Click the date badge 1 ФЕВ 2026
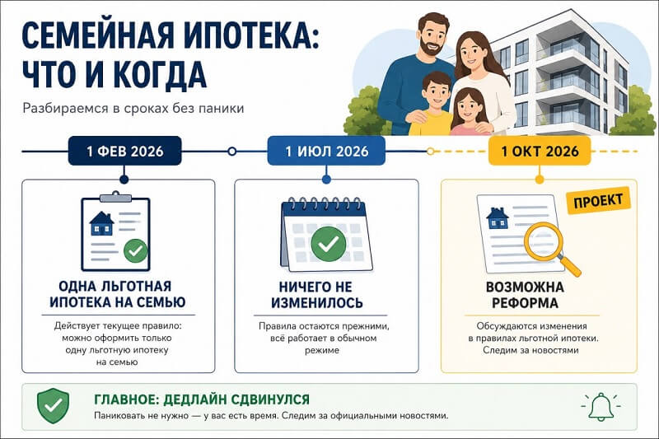click(x=125, y=151)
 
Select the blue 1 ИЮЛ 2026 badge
click(x=326, y=151)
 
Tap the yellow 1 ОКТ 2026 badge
click(x=540, y=151)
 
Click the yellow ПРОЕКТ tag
click(x=598, y=201)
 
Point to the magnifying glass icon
click(x=549, y=245)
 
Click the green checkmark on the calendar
click(x=328, y=244)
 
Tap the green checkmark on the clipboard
click(x=136, y=250)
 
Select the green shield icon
click(x=54, y=406)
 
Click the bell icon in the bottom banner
click(x=601, y=407)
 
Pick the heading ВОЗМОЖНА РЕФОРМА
click(x=525, y=295)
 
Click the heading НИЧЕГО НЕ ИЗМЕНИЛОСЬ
click(x=316, y=295)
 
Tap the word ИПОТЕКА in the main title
click(x=251, y=35)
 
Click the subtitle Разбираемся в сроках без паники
click(x=133, y=108)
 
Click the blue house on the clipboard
click(x=101, y=223)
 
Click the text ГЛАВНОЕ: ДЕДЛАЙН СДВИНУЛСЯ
click(x=202, y=399)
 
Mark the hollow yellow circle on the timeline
click(x=430, y=152)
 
